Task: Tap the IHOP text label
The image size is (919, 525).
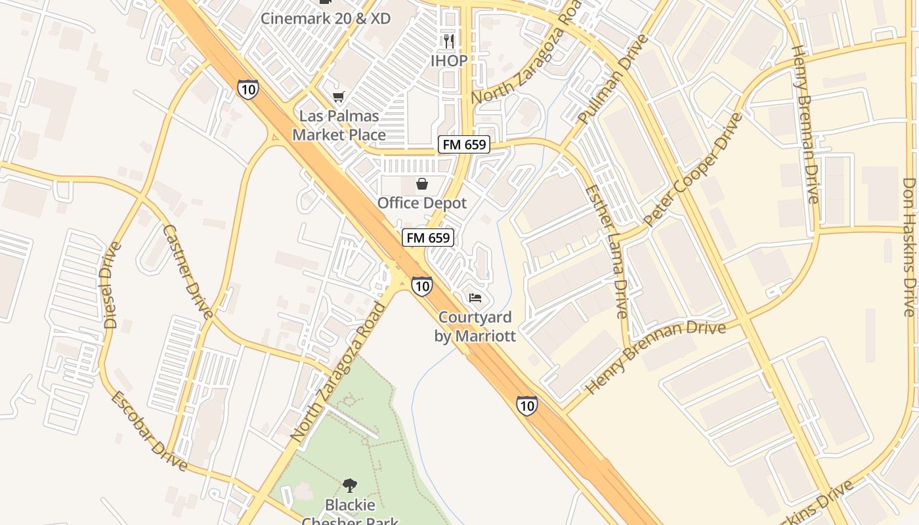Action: tap(449, 61)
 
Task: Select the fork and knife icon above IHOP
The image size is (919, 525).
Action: tap(449, 41)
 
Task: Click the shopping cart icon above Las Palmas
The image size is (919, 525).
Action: tap(338, 97)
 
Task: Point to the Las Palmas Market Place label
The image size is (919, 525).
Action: tap(339, 125)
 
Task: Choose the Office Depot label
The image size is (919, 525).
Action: tap(421, 203)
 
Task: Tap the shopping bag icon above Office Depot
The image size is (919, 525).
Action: tap(422, 184)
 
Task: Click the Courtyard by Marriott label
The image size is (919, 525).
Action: tap(475, 327)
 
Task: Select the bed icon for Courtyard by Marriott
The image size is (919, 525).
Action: tap(475, 298)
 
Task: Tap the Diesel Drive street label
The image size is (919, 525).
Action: tap(112, 285)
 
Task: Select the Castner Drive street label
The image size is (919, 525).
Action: tap(188, 271)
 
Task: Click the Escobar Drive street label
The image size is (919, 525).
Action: tap(148, 431)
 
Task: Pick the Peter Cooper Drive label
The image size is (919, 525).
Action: tap(693, 170)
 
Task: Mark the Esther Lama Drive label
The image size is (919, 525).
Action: tap(607, 251)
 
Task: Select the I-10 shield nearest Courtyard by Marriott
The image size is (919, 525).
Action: tap(422, 286)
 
